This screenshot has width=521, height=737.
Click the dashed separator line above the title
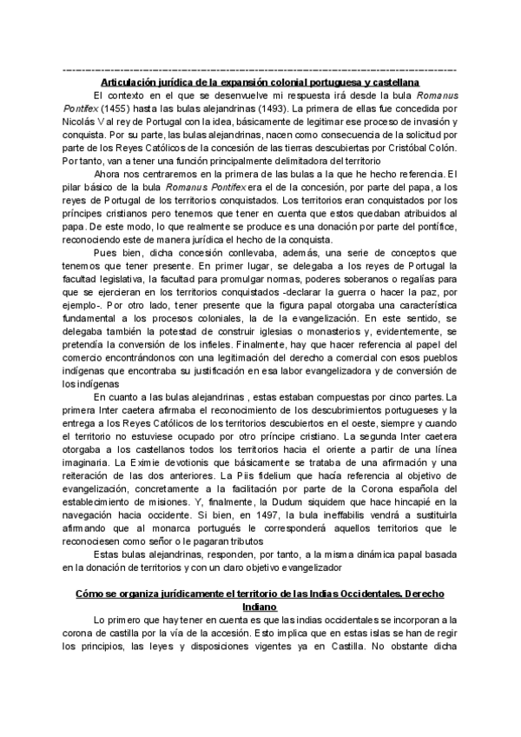click(260, 70)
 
